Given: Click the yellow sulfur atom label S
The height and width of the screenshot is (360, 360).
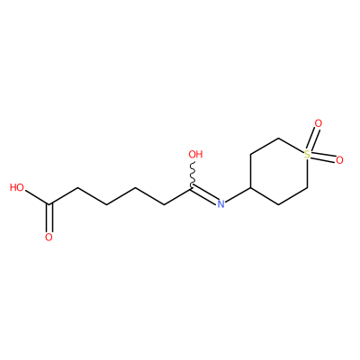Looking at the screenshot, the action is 307,155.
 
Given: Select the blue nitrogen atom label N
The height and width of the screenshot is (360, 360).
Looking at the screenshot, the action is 220,204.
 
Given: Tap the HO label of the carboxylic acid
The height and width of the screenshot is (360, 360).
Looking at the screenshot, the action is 17,188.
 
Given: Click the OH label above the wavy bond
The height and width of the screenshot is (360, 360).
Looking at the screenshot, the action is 195,155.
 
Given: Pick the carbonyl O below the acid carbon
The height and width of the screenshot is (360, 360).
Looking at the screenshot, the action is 49,238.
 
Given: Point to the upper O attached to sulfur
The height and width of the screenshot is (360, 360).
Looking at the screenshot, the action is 319,123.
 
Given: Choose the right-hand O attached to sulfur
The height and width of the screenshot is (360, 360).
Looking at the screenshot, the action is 339,160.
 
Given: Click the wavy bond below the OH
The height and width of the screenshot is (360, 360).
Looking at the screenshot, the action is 193,175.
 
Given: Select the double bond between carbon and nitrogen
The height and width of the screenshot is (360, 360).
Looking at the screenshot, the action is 203,195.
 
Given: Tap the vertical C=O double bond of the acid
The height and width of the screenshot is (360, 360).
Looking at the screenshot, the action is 49,218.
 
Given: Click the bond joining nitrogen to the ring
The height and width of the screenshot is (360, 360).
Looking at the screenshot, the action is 238,194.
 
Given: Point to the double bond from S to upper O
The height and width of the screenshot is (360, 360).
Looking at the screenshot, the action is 312,139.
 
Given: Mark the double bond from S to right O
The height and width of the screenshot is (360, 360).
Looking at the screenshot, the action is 323,157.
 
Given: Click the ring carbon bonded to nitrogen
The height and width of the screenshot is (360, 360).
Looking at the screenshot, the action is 250,188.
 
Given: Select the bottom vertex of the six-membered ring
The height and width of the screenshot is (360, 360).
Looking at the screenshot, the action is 279,204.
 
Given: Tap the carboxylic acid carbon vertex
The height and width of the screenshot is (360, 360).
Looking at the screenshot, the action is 49,204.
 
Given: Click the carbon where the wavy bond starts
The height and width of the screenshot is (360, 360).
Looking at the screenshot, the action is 192,188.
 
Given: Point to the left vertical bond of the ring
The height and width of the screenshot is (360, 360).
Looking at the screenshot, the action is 250,171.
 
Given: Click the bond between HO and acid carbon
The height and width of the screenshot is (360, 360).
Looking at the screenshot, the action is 37,198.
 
